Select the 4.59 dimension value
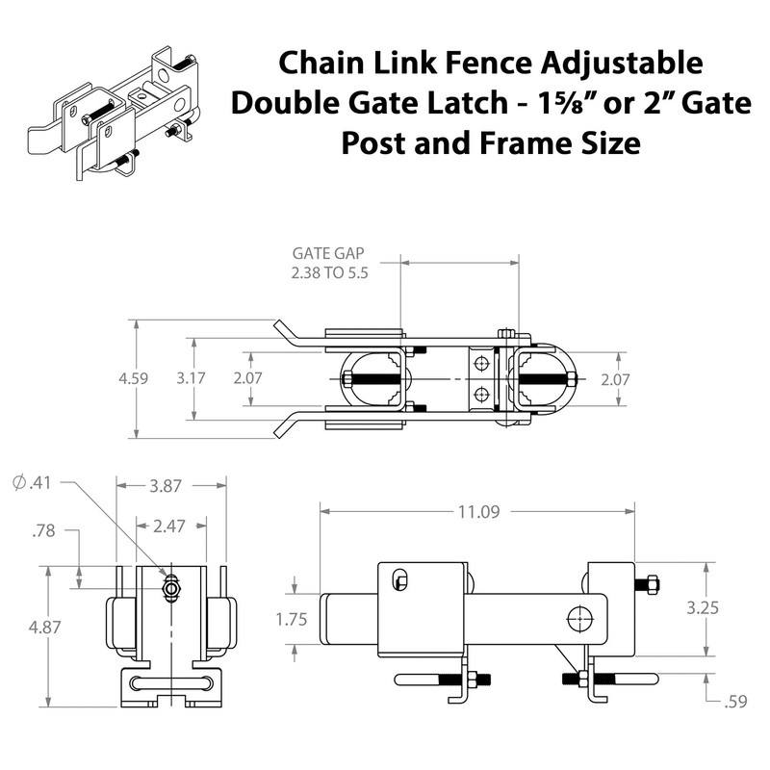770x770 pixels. [x=134, y=379]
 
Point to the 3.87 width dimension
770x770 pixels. [x=165, y=487]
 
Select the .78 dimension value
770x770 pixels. [x=44, y=528]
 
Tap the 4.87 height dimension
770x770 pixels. [x=44, y=627]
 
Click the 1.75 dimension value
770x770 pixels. [x=291, y=620]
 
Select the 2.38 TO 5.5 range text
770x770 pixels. [x=331, y=273]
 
